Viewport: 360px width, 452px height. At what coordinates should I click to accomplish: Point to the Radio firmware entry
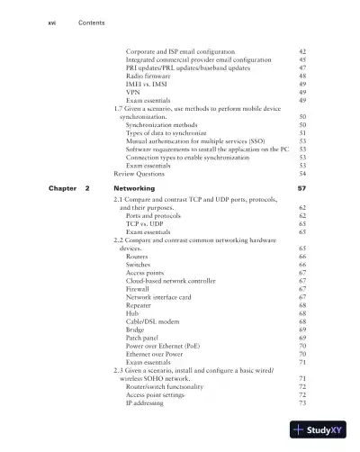pos(148,77)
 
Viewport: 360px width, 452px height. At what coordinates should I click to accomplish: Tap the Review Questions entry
pos(138,173)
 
